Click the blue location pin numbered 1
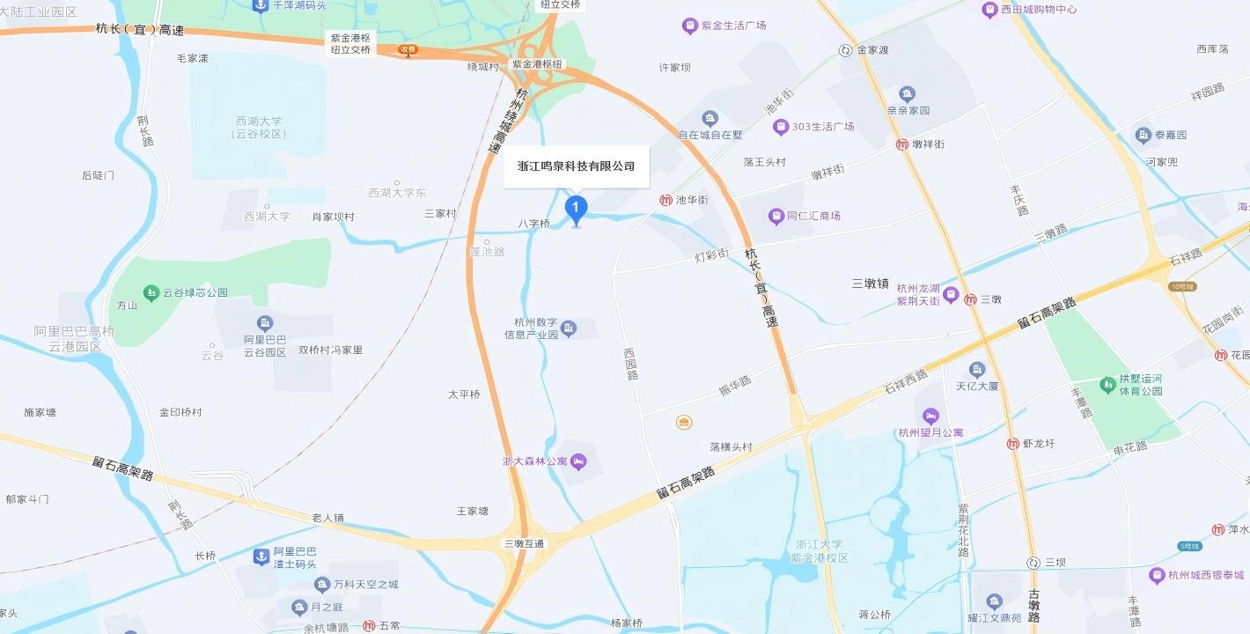[576, 209]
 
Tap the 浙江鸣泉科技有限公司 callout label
[577, 166]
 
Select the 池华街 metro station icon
[665, 200]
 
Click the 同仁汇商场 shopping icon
[776, 216]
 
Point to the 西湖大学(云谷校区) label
[260, 128]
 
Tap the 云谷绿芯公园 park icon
[151, 292]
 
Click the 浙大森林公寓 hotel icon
[578, 461]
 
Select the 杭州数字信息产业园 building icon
[569, 328]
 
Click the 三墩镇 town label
[870, 284]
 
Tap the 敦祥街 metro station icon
[902, 144]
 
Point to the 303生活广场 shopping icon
[780, 127]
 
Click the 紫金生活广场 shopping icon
[689, 26]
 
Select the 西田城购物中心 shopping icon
[989, 10]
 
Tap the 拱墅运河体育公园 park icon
[1107, 384]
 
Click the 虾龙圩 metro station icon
[1013, 444]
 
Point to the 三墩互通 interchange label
[524, 544]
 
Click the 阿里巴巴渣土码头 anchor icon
[261, 557]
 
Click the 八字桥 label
[533, 224]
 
